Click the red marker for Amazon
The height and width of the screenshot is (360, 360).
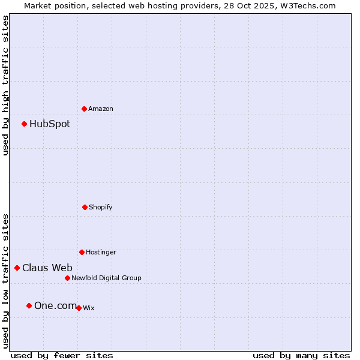point(84,109)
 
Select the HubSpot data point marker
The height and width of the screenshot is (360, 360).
point(24,124)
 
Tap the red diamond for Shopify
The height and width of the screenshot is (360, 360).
point(85,207)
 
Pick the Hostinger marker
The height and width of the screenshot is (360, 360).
point(82,252)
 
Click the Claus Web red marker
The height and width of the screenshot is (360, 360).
point(17,268)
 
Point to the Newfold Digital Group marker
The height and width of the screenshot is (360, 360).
point(67,278)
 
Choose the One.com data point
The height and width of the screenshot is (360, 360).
point(29,305)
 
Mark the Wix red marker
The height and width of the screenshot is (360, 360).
point(79,308)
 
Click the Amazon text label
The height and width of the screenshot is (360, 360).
point(101,109)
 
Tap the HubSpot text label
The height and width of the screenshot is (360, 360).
point(50,124)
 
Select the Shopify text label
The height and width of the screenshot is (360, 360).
point(101,207)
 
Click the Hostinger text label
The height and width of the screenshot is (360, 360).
point(101,252)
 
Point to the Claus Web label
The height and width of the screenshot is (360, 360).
point(47,268)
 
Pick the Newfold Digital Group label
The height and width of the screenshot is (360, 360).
point(106,278)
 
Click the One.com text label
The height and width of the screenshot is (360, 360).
point(55,306)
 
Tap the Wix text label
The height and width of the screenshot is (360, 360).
point(88,308)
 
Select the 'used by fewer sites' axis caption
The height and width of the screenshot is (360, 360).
point(62,355)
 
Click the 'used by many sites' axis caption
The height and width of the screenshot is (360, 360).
point(301,355)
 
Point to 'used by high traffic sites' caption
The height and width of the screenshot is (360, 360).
point(5,85)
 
